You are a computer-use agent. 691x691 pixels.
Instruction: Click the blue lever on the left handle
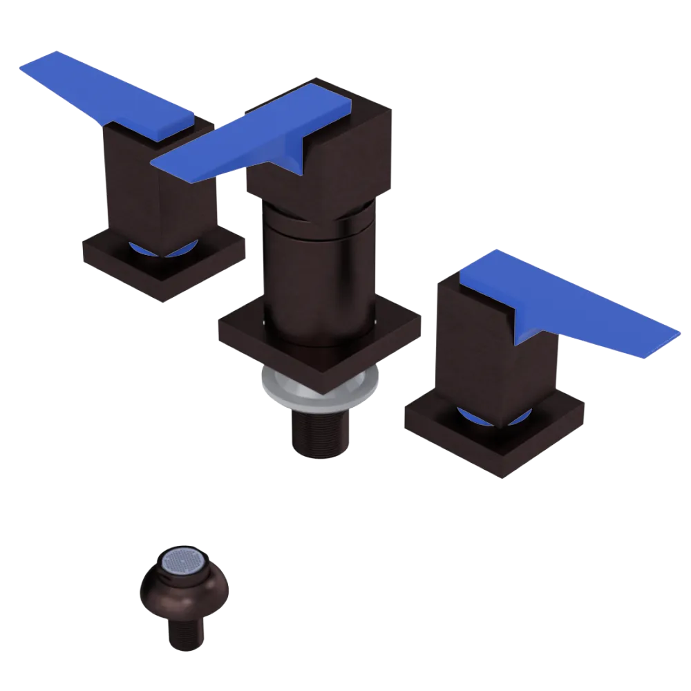(104, 90)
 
